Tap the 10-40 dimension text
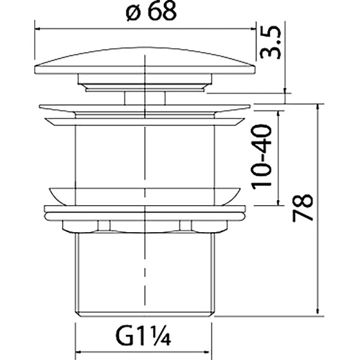coord(264,157)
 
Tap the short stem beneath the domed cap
coord(145,98)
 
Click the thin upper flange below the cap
coord(145,109)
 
